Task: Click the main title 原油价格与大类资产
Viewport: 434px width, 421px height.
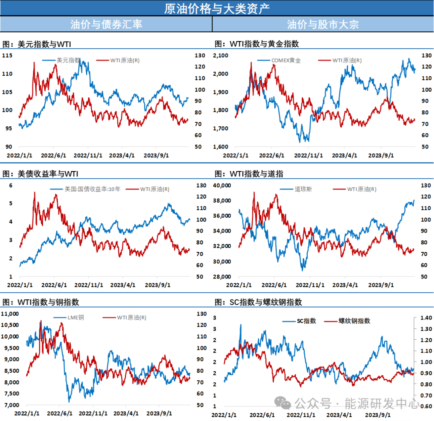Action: (217, 8)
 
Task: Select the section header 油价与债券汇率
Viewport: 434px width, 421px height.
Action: (106, 24)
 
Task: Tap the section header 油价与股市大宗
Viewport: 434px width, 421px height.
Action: (323, 24)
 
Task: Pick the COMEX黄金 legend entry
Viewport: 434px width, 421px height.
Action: (286, 60)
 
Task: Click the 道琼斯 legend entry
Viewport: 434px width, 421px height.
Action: (303, 189)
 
